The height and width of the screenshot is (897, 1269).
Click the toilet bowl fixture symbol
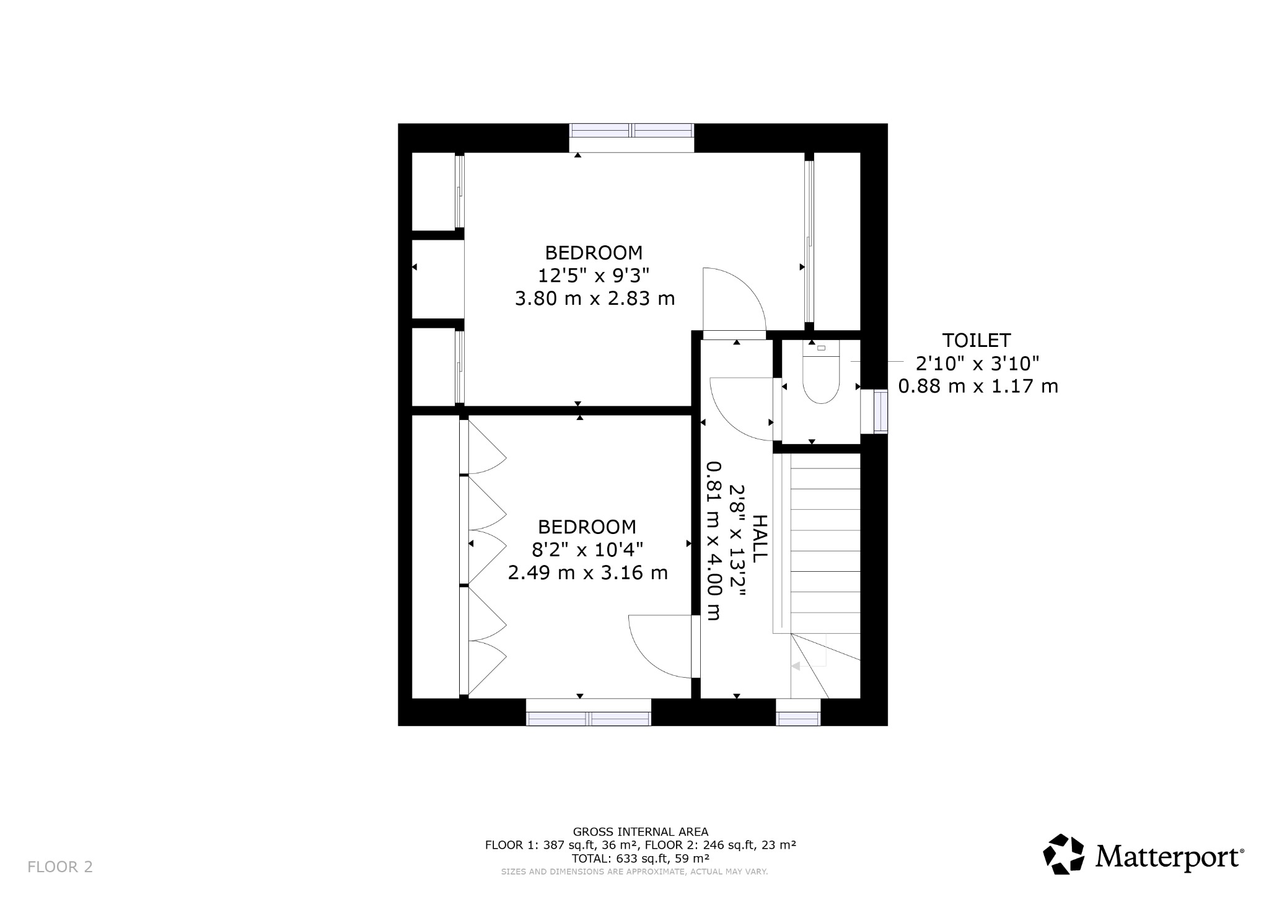pyautogui.click(x=820, y=378)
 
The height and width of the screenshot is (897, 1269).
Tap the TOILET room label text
pyautogui.click(x=976, y=340)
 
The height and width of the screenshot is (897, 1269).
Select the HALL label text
pyautogui.click(x=759, y=538)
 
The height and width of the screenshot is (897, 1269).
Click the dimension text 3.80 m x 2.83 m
pyautogui.click(x=594, y=299)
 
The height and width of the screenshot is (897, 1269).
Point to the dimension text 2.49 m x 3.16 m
pyautogui.click(x=587, y=572)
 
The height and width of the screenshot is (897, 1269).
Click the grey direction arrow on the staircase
pyautogui.click(x=796, y=667)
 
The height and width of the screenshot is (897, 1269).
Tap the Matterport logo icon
pyautogui.click(x=1063, y=854)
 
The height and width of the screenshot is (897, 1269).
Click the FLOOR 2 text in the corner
pyautogui.click(x=60, y=866)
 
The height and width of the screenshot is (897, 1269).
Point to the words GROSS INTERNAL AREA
pyautogui.click(x=640, y=832)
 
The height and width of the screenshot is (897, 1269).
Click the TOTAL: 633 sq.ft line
pyautogui.click(x=640, y=858)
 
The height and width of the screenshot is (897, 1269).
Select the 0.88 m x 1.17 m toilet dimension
pyautogui.click(x=978, y=386)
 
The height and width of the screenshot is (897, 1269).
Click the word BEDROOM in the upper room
pyautogui.click(x=594, y=253)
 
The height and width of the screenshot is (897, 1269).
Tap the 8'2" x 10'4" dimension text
pyautogui.click(x=587, y=549)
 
